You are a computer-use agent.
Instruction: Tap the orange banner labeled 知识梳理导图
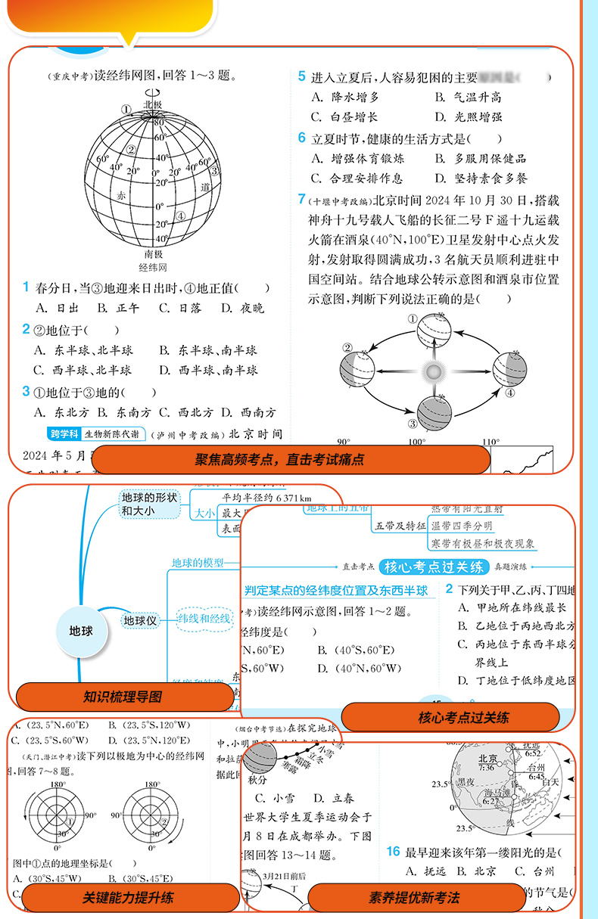125,697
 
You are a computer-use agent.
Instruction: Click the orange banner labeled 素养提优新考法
414,898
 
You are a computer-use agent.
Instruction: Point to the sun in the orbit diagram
433,371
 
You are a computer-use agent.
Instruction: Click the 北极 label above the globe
153,104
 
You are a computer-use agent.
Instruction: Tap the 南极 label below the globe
154,254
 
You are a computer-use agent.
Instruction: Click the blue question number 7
301,199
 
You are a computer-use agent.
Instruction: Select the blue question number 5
301,76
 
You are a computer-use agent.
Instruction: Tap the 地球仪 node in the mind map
140,620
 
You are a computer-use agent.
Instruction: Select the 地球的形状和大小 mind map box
151,504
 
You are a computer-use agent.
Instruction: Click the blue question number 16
392,851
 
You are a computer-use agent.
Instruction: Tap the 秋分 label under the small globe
257,779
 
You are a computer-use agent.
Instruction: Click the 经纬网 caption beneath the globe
153,268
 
